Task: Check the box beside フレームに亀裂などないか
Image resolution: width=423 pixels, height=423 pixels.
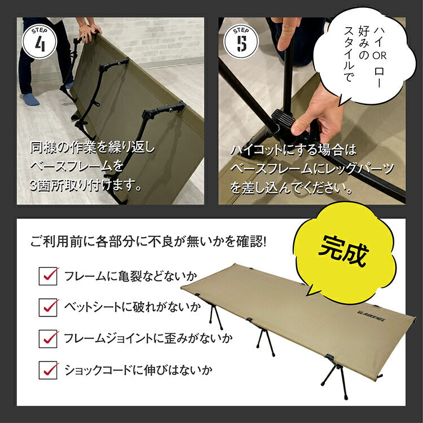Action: coord(49,276)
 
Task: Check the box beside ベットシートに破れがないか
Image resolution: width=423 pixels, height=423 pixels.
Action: coord(49,307)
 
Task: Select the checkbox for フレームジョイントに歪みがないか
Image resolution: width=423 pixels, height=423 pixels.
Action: coord(49,338)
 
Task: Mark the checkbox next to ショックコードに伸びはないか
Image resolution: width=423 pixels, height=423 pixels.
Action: coord(49,371)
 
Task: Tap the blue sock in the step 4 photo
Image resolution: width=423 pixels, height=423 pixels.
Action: coord(32,99)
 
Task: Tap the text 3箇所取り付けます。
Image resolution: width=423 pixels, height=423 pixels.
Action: coord(85,184)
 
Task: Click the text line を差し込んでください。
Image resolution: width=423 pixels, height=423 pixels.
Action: coord(292,186)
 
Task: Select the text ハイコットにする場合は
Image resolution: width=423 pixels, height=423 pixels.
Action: coord(294,151)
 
